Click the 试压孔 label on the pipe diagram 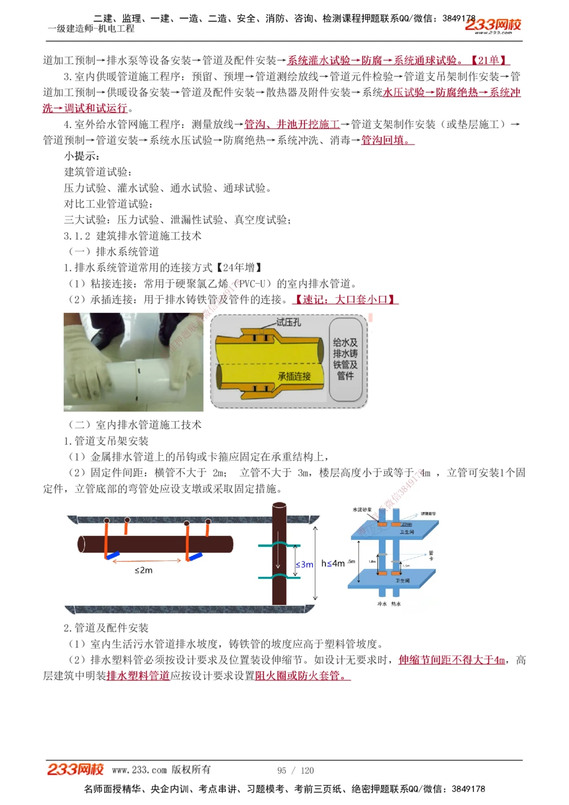pyautogui.click(x=288, y=323)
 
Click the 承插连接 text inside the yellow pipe pyautogui.click(x=294, y=377)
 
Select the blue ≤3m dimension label pyautogui.click(x=304, y=564)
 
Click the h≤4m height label pyautogui.click(x=333, y=563)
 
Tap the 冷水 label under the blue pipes pyautogui.click(x=382, y=604)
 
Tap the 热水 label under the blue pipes pyautogui.click(x=396, y=604)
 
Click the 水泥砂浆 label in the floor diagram pyautogui.click(x=362, y=510)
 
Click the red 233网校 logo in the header pyautogui.click(x=493, y=24)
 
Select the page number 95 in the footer pyautogui.click(x=282, y=771)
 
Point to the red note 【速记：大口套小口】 pyautogui.click(x=345, y=299)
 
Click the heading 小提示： pyautogui.click(x=82, y=156)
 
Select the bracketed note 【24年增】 pyautogui.click(x=239, y=267)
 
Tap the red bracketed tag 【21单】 pyautogui.click(x=488, y=60)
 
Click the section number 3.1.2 pyautogui.click(x=77, y=236)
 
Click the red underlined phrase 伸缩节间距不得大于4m pyautogui.click(x=452, y=660)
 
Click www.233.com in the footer pyautogui.click(x=139, y=770)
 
